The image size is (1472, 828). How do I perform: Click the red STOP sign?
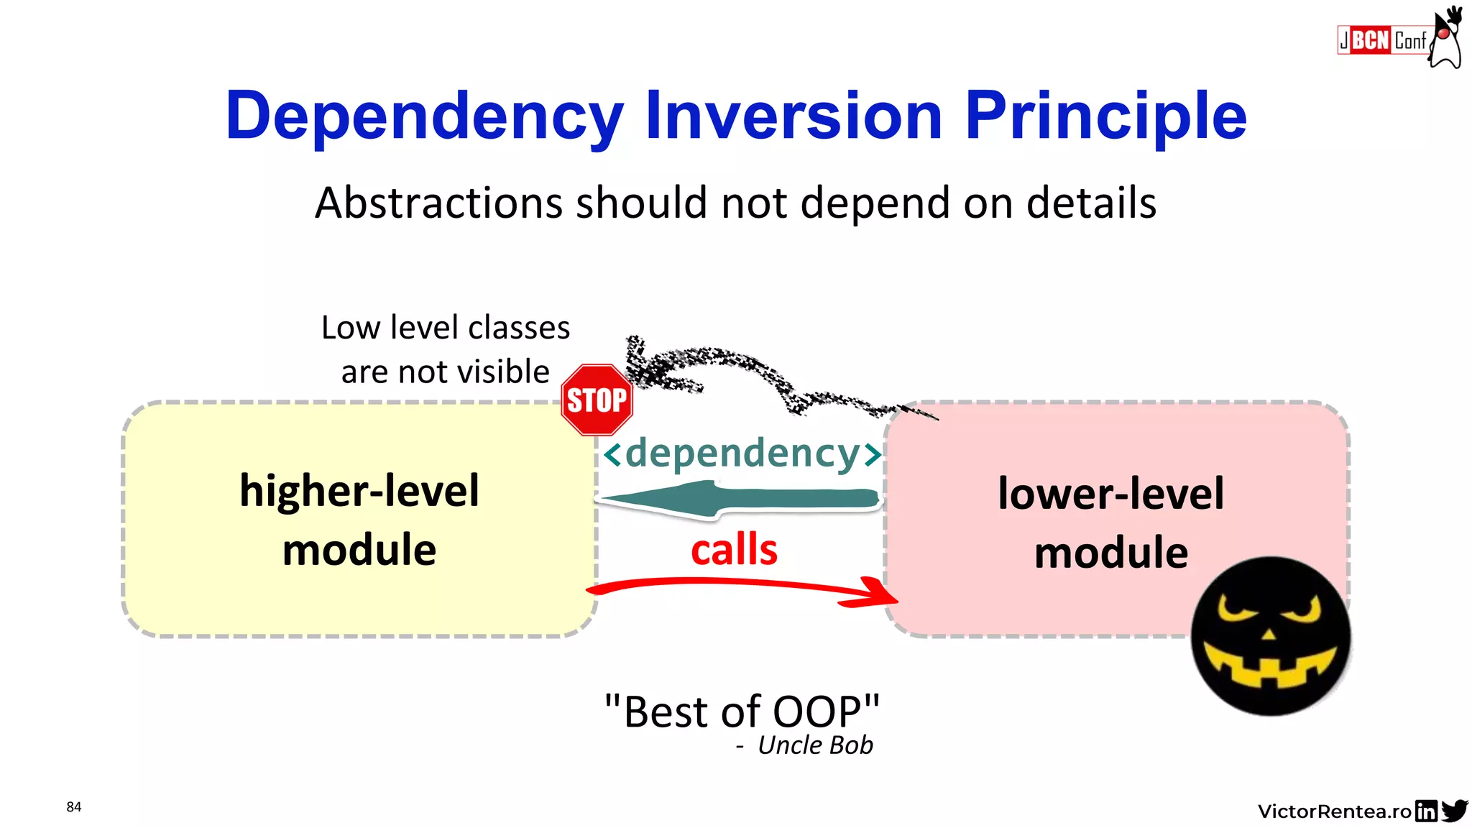pyautogui.click(x=597, y=400)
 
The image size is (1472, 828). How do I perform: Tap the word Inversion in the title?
pyautogui.click(x=793, y=116)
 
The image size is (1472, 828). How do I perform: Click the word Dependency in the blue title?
pyautogui.click(x=424, y=116)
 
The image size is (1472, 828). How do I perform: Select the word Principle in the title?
pyautogui.click(x=1105, y=116)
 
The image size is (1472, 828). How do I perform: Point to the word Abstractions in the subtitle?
pyautogui.click(x=438, y=203)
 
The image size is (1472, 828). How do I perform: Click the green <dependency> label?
pyautogui.click(x=742, y=454)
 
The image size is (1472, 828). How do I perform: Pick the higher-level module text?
pyautogui.click(x=359, y=520)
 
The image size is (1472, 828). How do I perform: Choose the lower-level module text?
pyautogui.click(x=1110, y=523)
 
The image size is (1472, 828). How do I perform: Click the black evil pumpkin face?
pyautogui.click(x=1270, y=635)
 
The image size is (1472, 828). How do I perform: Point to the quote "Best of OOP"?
pyautogui.click(x=742, y=712)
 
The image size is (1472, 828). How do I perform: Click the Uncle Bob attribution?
pyautogui.click(x=814, y=746)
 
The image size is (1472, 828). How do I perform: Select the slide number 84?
pyautogui.click(x=74, y=806)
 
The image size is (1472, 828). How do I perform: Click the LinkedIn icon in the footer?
pyautogui.click(x=1426, y=811)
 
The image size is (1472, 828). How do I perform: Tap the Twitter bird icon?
pyautogui.click(x=1454, y=810)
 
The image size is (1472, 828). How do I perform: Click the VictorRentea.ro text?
pyautogui.click(x=1334, y=811)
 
